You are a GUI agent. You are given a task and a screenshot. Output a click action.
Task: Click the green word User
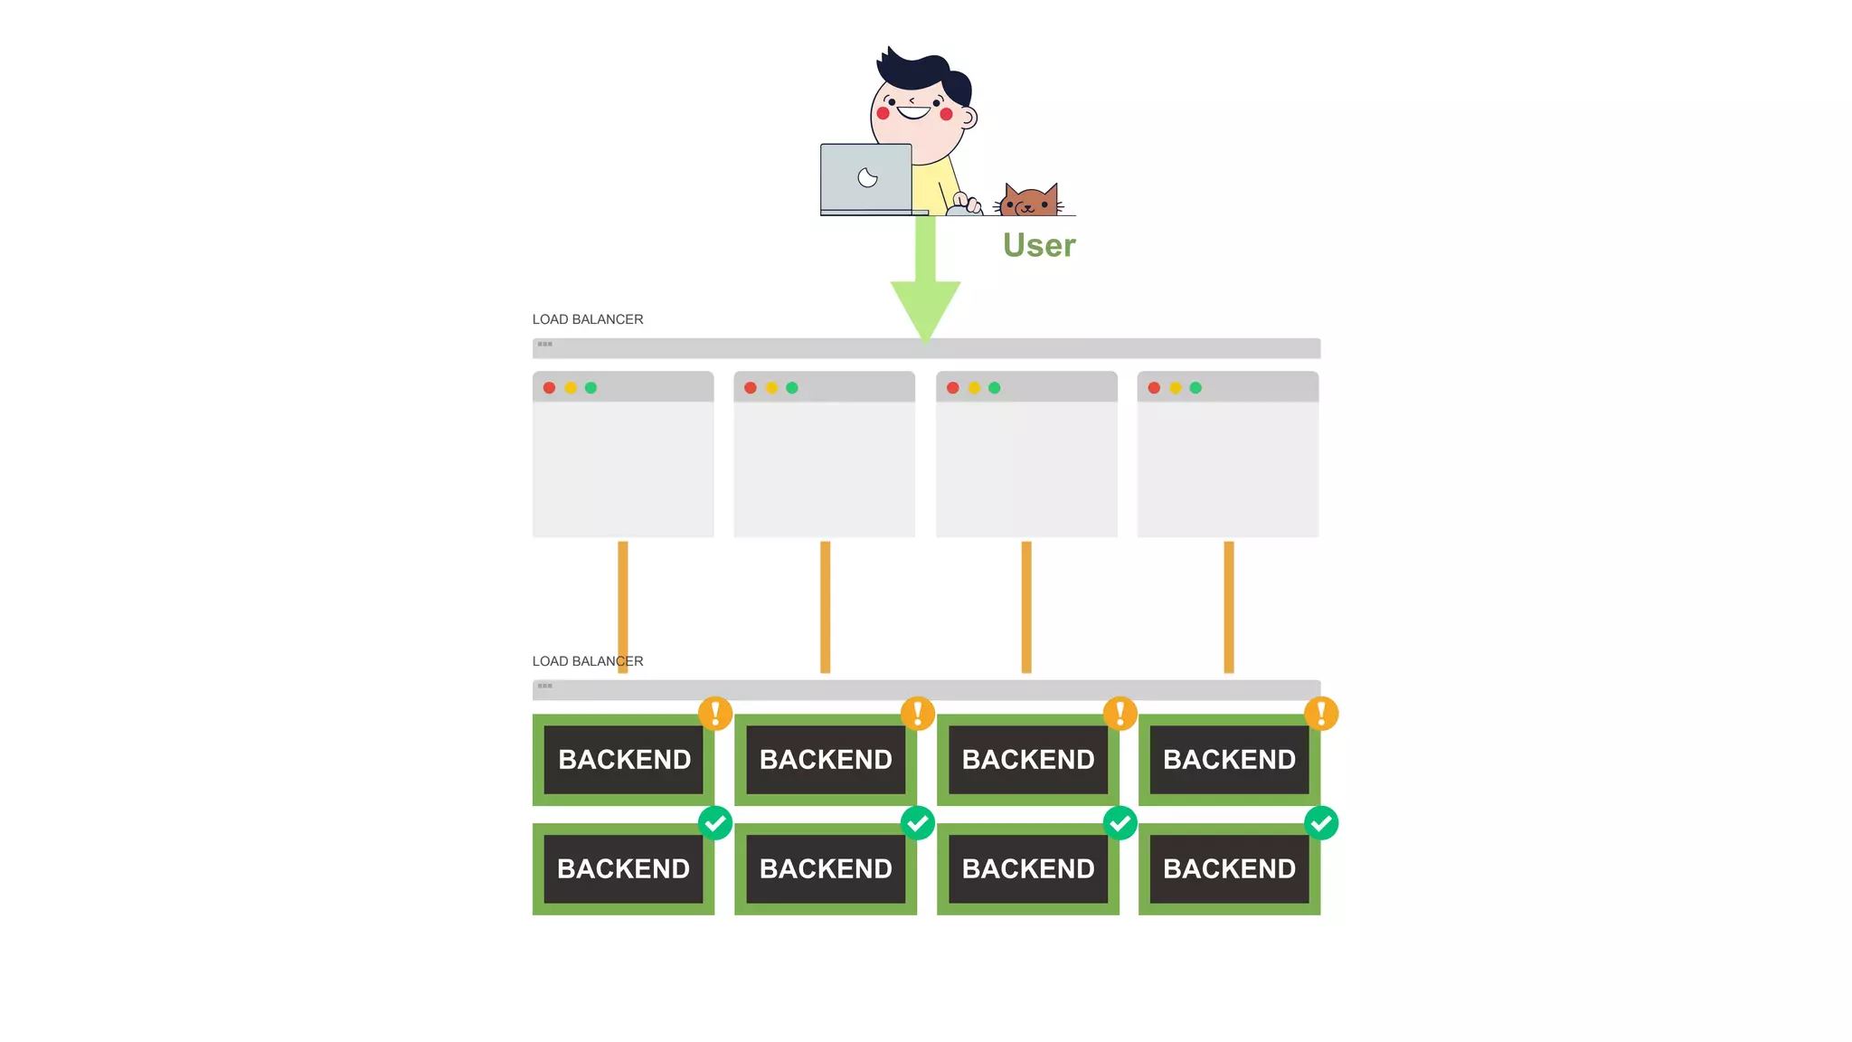(x=1039, y=245)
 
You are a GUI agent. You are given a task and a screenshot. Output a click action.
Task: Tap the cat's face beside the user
(x=1029, y=202)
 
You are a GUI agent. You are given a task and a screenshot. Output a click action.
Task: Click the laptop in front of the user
(x=866, y=178)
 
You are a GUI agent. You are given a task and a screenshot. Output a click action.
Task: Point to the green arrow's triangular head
(x=925, y=307)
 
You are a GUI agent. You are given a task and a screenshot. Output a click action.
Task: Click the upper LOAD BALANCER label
(x=588, y=319)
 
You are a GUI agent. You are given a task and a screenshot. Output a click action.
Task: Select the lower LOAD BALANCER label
(x=588, y=661)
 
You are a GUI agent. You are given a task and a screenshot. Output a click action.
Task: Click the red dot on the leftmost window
(x=549, y=388)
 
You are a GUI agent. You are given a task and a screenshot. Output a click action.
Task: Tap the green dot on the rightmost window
(x=1195, y=388)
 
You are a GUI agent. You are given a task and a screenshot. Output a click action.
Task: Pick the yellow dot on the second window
(x=771, y=388)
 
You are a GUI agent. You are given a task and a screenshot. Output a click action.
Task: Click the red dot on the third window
(x=953, y=388)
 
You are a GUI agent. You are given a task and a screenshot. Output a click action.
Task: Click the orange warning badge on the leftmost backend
(x=715, y=713)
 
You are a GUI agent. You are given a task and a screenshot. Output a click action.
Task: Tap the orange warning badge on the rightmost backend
(x=1321, y=713)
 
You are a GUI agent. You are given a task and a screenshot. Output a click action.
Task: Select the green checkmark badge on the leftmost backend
(x=715, y=823)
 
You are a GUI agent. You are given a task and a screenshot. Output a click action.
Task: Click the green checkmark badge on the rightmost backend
(x=1321, y=823)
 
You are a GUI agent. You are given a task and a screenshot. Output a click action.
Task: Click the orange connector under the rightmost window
(x=1228, y=606)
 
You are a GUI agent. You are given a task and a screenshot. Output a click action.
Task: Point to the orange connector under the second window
(x=825, y=606)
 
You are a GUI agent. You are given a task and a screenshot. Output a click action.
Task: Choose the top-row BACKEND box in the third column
(x=1028, y=760)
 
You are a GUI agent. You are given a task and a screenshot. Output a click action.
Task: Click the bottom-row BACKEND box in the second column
(x=826, y=868)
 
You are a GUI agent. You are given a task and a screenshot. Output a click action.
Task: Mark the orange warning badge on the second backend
(x=918, y=713)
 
